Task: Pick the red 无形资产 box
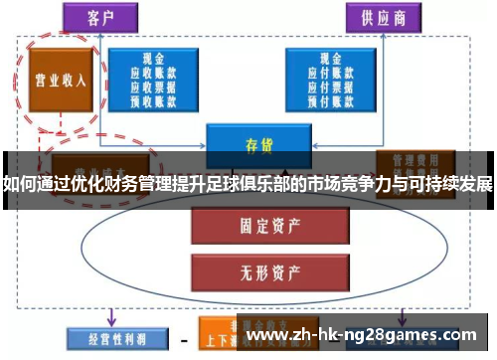[252, 267]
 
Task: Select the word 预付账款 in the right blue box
[330, 98]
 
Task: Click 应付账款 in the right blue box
[330, 73]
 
